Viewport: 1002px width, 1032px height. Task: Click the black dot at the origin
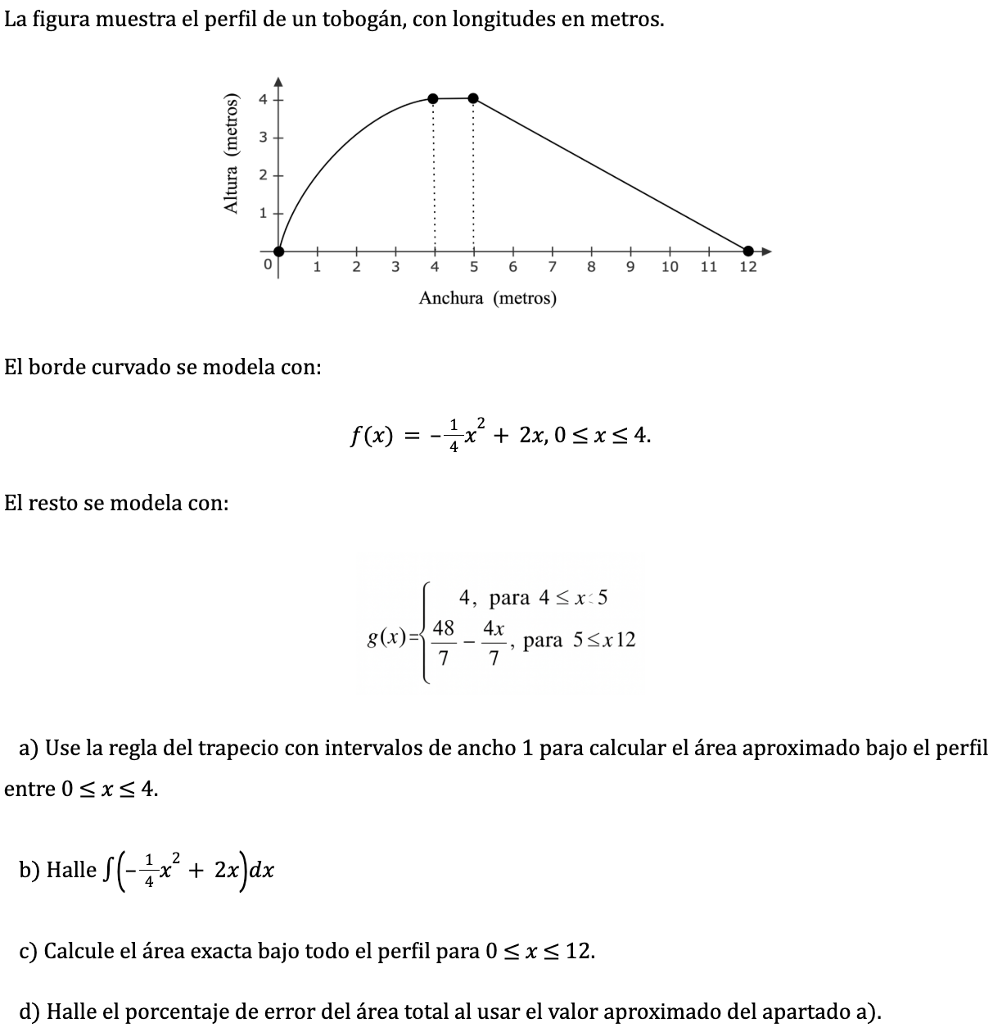pos(279,251)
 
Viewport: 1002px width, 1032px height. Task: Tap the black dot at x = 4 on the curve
pos(434,99)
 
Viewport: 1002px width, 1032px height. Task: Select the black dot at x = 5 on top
pos(473,98)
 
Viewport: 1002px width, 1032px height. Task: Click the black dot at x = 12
pos(748,251)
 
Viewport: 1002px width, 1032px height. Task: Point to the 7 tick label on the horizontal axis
pos(553,268)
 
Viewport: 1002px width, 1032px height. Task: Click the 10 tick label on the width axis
pos(670,268)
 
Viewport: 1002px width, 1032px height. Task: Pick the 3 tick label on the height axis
pos(263,138)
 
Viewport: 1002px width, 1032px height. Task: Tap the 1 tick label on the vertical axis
pos(263,214)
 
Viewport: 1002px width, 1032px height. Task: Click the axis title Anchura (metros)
pos(487,298)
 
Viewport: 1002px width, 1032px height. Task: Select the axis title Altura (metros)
pos(233,154)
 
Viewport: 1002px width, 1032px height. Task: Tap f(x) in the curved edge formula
pos(369,436)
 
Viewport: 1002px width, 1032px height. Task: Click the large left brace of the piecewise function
pos(425,632)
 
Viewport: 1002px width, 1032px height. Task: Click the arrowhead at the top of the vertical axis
pos(278,80)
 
